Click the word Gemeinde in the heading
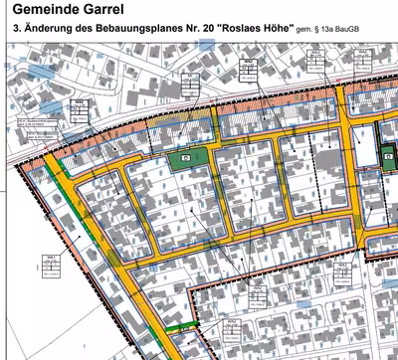click(43, 12)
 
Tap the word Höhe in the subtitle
click(278, 34)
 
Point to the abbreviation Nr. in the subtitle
click(182, 34)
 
